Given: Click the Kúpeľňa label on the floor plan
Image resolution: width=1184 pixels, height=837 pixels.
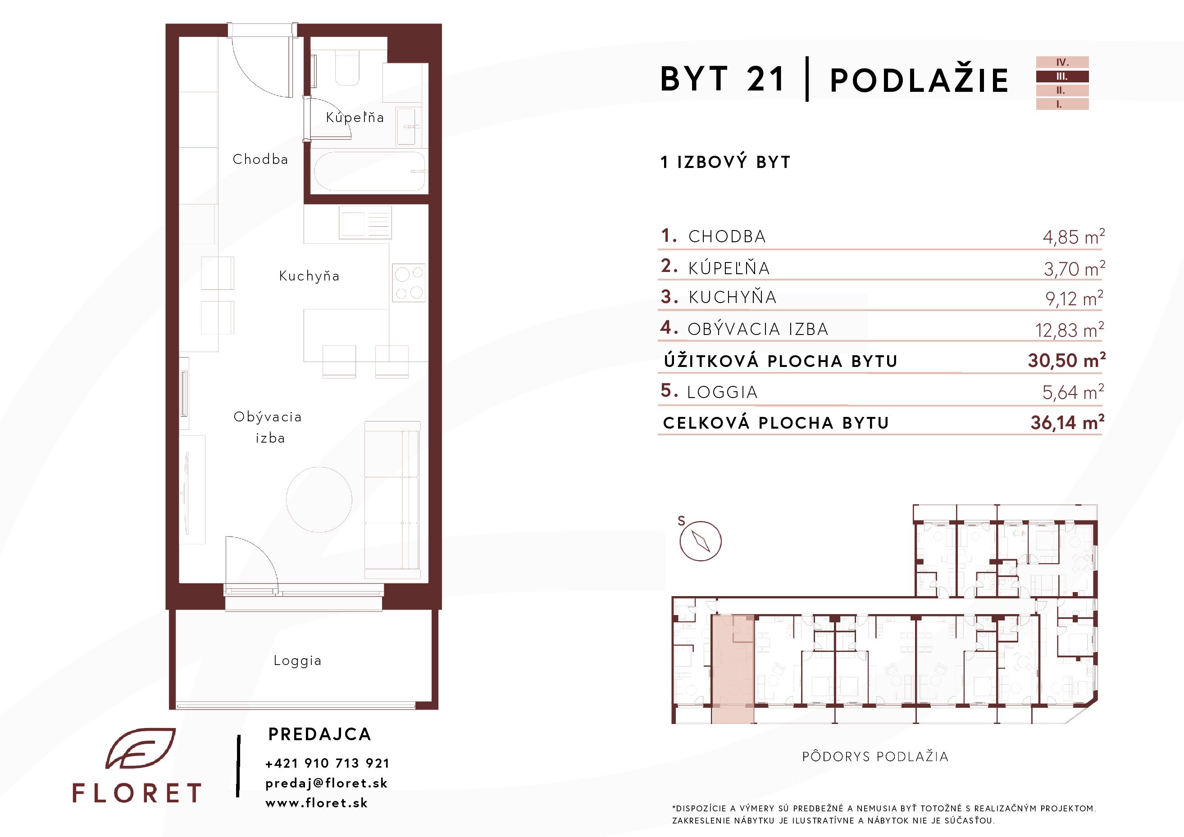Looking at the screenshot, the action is click(x=355, y=117).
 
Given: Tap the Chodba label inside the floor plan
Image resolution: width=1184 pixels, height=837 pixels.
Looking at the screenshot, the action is click(x=260, y=159).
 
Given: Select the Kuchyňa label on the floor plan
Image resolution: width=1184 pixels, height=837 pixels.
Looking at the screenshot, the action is click(x=309, y=276).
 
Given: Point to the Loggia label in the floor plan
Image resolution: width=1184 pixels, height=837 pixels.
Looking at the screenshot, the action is click(x=297, y=661).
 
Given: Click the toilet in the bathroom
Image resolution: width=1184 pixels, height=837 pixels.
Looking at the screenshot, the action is click(x=347, y=68).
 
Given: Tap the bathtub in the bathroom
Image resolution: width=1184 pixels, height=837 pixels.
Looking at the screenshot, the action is click(x=369, y=171).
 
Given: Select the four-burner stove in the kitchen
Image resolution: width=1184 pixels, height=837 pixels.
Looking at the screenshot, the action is click(x=410, y=282).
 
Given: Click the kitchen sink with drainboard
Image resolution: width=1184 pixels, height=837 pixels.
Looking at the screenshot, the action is click(x=365, y=222).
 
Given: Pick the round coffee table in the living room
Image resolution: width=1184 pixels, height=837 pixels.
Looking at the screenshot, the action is click(x=319, y=499).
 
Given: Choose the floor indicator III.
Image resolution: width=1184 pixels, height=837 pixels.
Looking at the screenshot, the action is click(x=1062, y=76).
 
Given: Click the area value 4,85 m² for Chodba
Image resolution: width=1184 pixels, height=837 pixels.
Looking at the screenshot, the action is click(x=1074, y=236).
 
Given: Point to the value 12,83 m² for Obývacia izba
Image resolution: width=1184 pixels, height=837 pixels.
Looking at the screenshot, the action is click(x=1070, y=329).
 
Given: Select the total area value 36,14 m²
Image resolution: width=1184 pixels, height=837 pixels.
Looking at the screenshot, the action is click(x=1067, y=422).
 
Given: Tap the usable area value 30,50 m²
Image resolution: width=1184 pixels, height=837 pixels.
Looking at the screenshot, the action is click(x=1066, y=360).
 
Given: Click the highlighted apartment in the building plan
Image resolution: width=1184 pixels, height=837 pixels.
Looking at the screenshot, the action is click(x=733, y=669).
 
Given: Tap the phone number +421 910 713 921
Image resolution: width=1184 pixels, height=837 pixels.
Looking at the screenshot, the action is click(x=327, y=763).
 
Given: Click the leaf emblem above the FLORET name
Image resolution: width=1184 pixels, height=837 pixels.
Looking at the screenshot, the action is click(x=140, y=748).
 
